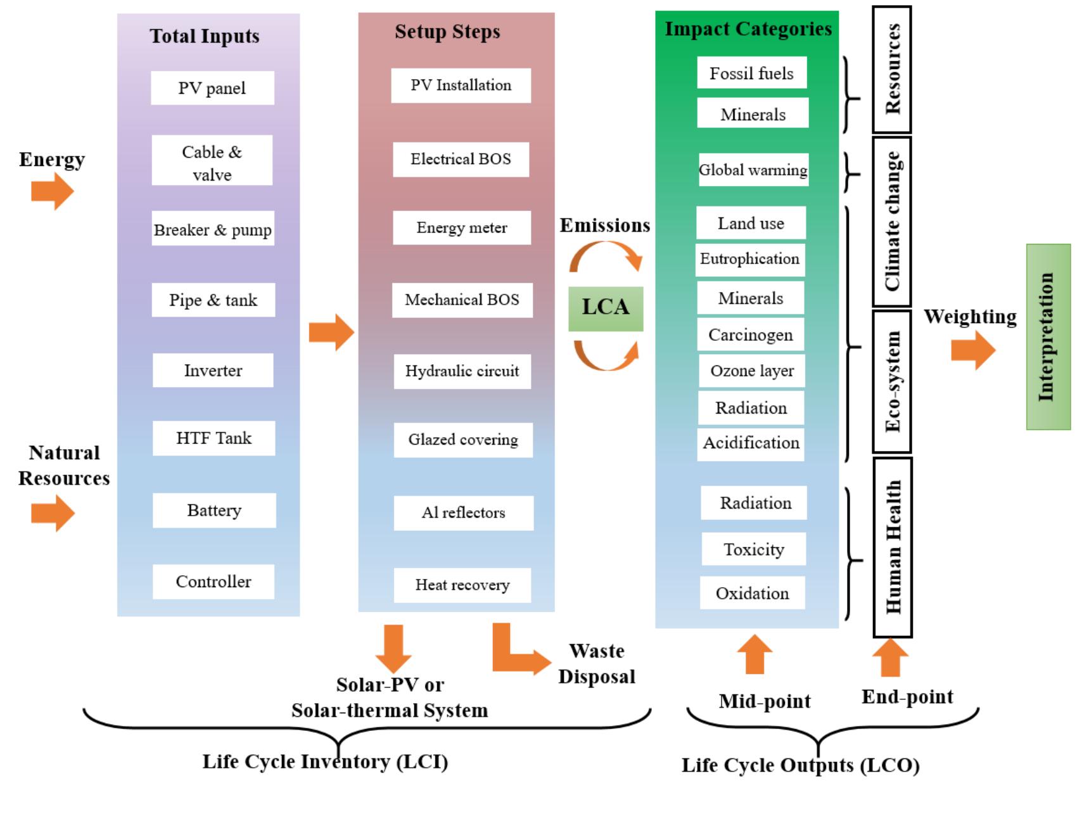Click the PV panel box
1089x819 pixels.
pos(212,88)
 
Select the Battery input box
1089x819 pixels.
pos(214,511)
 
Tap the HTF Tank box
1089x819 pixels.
pos(213,438)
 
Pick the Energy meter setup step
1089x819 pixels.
pos(461,228)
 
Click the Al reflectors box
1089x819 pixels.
pos(463,513)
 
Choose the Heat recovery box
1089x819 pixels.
pos(462,585)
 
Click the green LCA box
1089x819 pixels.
pos(606,308)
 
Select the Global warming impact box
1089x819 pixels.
pos(753,170)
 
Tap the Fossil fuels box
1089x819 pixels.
pos(751,73)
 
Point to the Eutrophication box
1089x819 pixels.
pos(749,260)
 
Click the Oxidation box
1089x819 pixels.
pos(752,594)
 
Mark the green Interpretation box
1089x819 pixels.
pos(1048,337)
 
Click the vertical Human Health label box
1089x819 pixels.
pos(893,547)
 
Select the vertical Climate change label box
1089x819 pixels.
pos(892,222)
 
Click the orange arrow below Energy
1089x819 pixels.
pos(53,191)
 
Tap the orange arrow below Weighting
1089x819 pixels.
pos(973,350)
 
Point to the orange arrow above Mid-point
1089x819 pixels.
pos(755,655)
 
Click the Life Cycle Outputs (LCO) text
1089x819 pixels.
pos(800,766)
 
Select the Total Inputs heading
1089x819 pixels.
pos(205,36)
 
